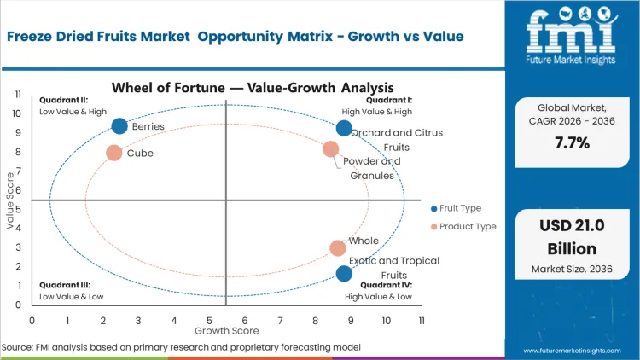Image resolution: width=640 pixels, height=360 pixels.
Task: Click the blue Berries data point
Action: pyautogui.click(x=119, y=126)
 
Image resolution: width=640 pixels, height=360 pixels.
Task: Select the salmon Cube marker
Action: pyautogui.click(x=114, y=153)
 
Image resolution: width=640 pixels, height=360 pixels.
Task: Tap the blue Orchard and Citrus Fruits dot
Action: pyautogui.click(x=344, y=128)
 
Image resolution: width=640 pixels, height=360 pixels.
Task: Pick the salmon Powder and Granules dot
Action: pyautogui.click(x=331, y=149)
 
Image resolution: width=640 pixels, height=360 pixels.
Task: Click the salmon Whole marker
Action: pyautogui.click(x=338, y=248)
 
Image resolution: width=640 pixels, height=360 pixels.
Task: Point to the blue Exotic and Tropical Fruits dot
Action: pyautogui.click(x=344, y=273)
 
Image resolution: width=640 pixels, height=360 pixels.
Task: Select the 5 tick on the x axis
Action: pyautogui.click(x=209, y=320)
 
